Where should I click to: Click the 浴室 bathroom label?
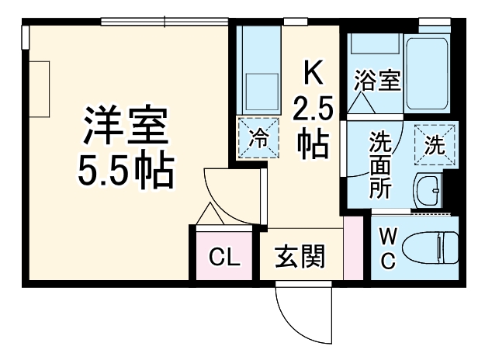coord(378,80)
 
